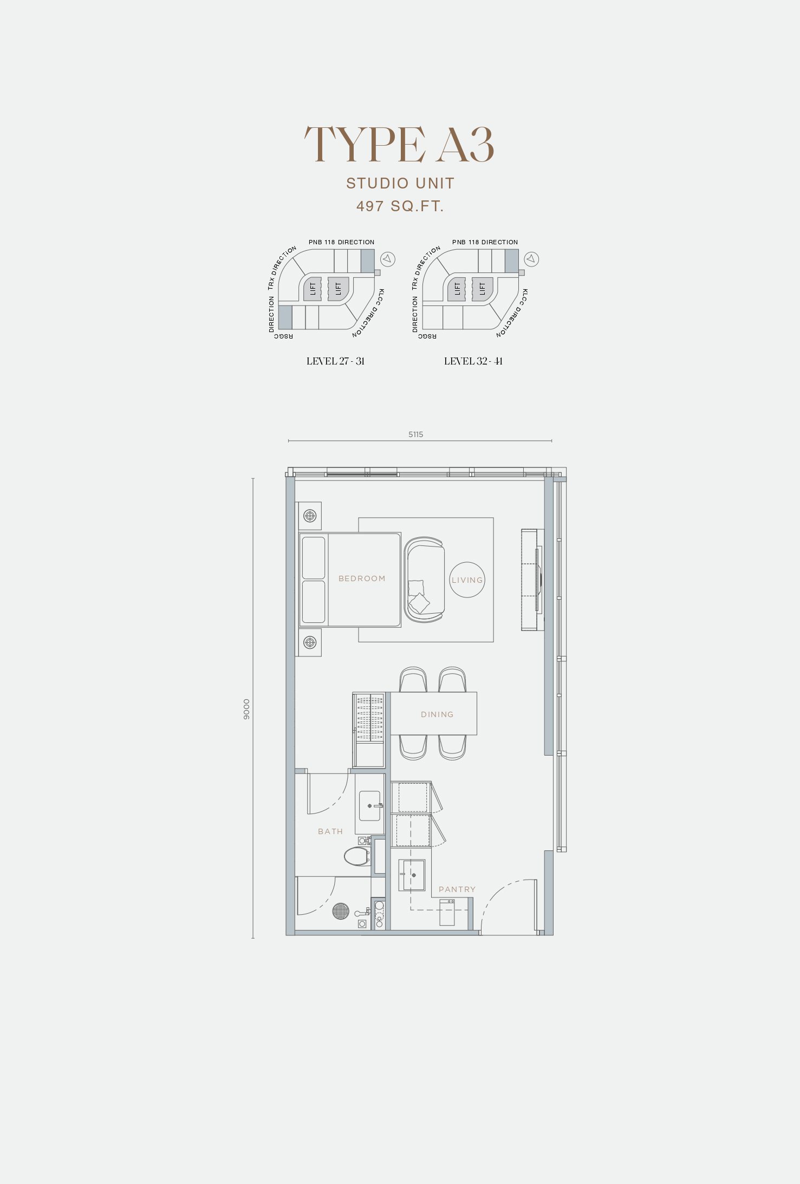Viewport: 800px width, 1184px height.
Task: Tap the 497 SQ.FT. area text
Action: [400, 206]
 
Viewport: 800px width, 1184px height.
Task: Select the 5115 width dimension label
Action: [416, 434]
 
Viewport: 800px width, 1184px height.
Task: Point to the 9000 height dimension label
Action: [247, 709]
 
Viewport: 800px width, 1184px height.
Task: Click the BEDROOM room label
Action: [362, 578]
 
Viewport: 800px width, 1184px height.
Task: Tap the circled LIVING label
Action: [467, 580]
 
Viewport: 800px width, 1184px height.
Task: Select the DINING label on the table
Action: [437, 714]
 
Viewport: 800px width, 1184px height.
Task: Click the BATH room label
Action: [330, 831]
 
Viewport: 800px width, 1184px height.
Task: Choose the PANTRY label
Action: [457, 889]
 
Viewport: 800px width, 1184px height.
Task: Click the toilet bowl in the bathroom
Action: [357, 856]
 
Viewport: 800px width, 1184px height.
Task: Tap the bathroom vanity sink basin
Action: [370, 805]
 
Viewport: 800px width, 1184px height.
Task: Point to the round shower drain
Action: [341, 911]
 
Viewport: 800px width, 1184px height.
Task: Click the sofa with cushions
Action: [424, 580]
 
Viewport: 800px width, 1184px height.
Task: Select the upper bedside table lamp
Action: [310, 516]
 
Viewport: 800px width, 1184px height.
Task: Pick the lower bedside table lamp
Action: [310, 642]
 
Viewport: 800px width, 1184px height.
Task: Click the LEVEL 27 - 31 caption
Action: [335, 361]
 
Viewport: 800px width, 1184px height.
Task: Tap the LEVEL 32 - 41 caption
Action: [473, 361]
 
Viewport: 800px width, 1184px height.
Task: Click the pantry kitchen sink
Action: [412, 875]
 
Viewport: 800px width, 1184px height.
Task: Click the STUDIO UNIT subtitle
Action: [400, 184]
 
